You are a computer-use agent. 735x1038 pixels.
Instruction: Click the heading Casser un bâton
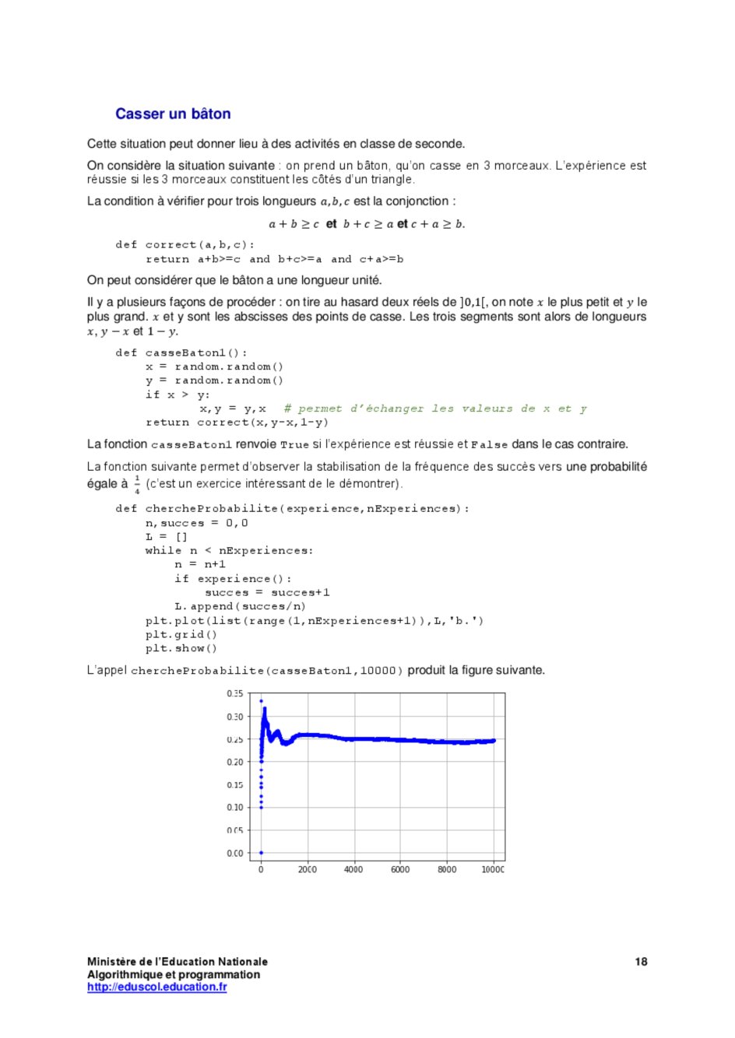tap(173, 114)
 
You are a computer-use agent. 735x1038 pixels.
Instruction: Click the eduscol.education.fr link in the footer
tap(156, 987)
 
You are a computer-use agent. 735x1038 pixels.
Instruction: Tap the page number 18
tap(641, 962)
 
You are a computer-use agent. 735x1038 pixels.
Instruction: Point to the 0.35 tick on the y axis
tap(234, 693)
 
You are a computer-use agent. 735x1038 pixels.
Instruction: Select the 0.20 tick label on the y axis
tap(234, 762)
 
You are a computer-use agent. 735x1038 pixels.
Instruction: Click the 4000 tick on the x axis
tap(353, 869)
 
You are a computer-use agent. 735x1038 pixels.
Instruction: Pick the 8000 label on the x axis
tap(447, 869)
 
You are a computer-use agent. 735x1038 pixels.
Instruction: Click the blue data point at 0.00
tap(261, 853)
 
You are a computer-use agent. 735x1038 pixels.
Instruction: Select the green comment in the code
tap(435, 409)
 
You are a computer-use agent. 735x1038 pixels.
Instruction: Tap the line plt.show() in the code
tap(181, 648)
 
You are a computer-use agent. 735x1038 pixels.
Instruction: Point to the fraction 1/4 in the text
tap(137, 484)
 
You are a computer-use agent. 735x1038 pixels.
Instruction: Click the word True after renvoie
tap(294, 445)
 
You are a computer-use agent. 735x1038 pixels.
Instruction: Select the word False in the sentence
tap(489, 445)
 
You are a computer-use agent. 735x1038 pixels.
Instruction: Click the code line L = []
tap(167, 537)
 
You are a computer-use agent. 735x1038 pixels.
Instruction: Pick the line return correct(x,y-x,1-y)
tap(237, 423)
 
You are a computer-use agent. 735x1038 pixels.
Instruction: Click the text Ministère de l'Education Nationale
tap(177, 962)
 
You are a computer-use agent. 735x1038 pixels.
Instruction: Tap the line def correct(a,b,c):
tap(185, 245)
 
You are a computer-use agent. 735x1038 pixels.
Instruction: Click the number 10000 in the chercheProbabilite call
tap(378, 671)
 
